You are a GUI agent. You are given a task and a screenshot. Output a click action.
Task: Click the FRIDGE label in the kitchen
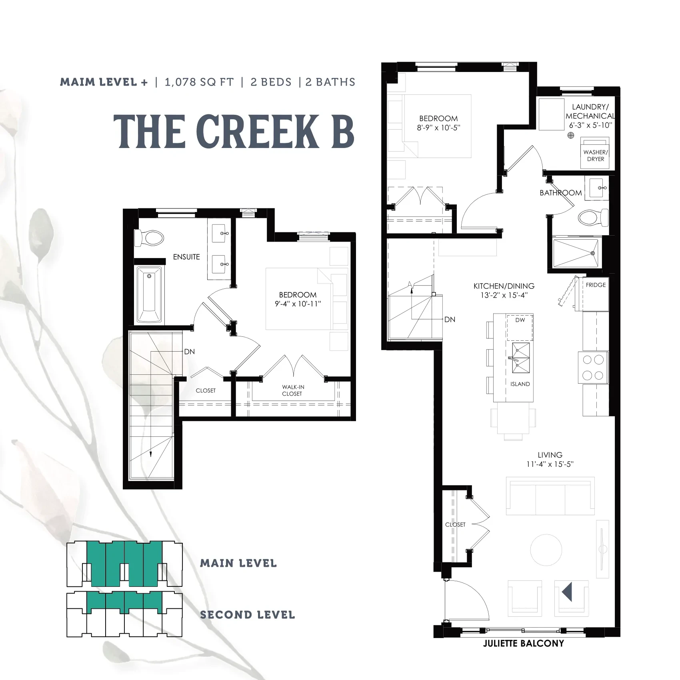[x=596, y=285]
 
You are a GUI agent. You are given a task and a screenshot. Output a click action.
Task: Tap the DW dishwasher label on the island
[x=520, y=320]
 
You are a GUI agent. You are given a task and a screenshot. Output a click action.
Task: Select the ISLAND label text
[x=520, y=384]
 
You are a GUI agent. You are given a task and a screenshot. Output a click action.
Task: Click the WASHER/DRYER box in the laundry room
[x=595, y=153]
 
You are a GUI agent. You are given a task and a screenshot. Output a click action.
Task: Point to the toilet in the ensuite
[x=149, y=238]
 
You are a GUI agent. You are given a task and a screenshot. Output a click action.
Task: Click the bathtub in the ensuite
[x=150, y=294]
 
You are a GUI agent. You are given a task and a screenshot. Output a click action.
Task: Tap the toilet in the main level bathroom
[x=593, y=218]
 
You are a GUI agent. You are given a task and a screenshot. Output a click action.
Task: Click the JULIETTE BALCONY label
[x=523, y=655]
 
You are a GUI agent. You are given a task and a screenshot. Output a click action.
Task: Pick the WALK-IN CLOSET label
[x=293, y=390]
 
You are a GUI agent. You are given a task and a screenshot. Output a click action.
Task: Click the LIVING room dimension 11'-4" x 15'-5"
[x=550, y=464]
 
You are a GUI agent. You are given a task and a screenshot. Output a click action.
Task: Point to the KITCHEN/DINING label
[x=504, y=286]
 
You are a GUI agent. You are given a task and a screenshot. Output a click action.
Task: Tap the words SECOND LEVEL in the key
[x=248, y=615]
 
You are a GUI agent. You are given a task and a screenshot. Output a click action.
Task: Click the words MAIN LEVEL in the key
[x=238, y=563]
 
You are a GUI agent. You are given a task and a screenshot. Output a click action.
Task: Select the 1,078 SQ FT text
[x=199, y=82]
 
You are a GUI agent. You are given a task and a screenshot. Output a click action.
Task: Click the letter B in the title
[x=343, y=131]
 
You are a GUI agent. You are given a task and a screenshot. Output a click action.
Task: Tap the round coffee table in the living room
[x=546, y=550]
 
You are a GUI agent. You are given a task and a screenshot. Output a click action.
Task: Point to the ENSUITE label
[x=186, y=257]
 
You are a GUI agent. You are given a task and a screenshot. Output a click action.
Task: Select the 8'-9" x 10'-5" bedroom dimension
[x=438, y=128]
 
